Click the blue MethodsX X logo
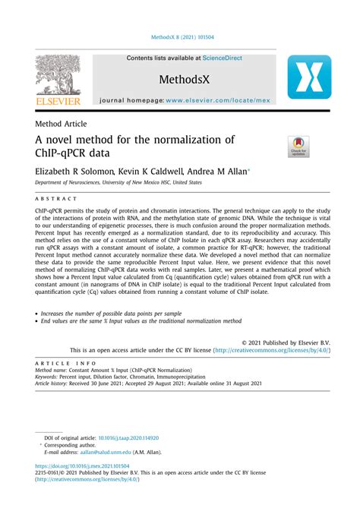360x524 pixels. tap(309, 77)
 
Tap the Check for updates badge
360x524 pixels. tap(298, 147)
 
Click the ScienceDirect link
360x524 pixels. tap(217, 58)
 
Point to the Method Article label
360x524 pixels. tap(61, 124)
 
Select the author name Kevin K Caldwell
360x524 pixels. tap(156, 171)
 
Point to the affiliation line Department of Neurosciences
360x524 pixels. tap(118, 182)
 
